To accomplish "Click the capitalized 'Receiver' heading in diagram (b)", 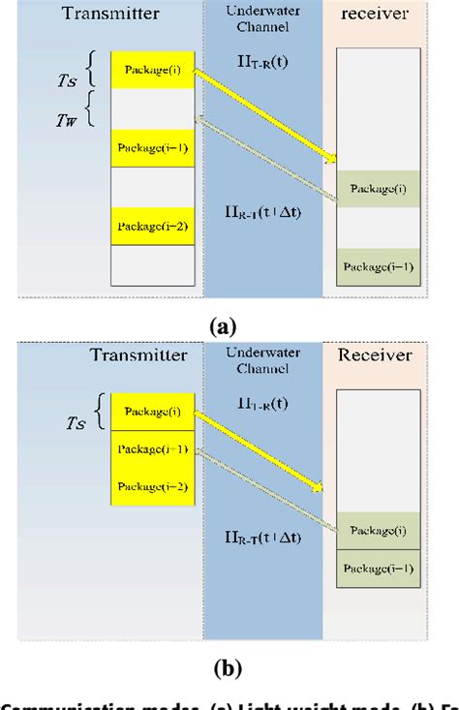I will [374, 355].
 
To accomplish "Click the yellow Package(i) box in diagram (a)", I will [152, 71].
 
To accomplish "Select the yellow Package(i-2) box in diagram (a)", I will [152, 227].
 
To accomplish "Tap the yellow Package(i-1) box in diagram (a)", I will [152, 148].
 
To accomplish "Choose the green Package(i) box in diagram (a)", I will [379, 187].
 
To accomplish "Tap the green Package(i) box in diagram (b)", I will [379, 531].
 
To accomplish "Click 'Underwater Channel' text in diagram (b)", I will [263, 363].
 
